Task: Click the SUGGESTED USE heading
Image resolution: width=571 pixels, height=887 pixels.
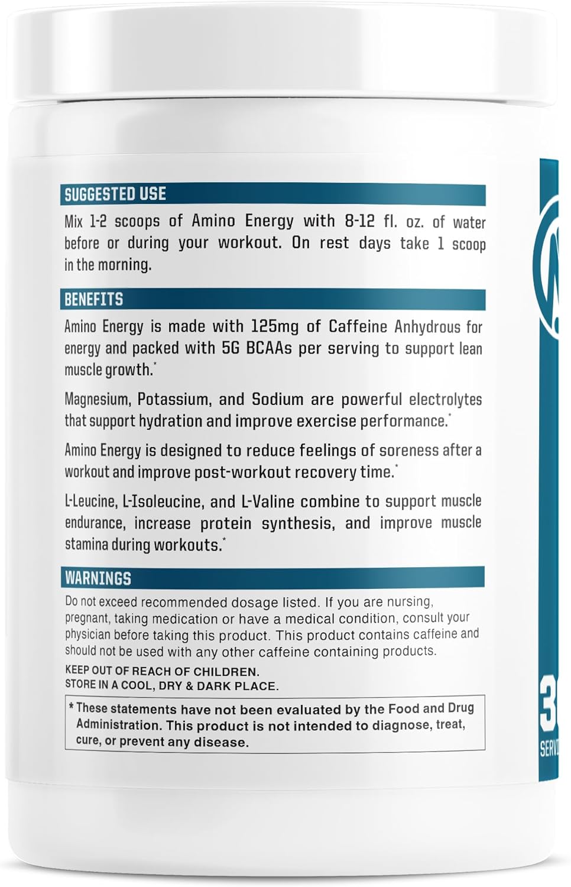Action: pos(115,194)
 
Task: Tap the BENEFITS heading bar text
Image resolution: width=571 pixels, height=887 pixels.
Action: pos(93,299)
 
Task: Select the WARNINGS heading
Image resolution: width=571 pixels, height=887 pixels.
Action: pos(98,578)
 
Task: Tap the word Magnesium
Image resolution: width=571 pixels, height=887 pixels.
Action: pos(97,400)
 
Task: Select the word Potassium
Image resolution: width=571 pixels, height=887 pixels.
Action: pos(173,400)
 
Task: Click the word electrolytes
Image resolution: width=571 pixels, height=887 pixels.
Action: pos(445,400)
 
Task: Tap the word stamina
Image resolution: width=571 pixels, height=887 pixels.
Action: pos(86,545)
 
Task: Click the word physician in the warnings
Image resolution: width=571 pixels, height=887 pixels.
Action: pos(87,635)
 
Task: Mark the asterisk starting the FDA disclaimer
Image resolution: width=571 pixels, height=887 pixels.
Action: pos(71,707)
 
